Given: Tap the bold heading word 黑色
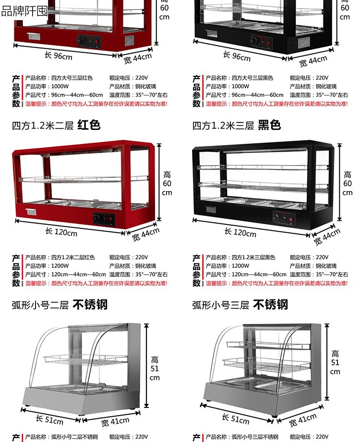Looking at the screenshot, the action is click(x=269, y=125).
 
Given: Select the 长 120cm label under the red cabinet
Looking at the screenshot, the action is click(x=61, y=232).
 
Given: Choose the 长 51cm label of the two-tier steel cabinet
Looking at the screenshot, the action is click(x=49, y=420).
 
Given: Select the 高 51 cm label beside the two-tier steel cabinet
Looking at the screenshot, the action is click(x=155, y=368).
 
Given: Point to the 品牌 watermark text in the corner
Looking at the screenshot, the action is click(x=24, y=11).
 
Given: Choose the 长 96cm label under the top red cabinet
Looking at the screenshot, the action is click(x=59, y=55).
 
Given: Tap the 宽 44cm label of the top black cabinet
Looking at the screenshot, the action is click(x=313, y=61).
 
